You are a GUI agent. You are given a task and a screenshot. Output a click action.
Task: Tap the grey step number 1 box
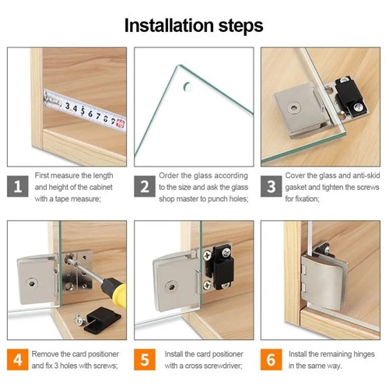(18, 187)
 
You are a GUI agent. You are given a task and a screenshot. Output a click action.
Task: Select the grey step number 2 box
(145, 187)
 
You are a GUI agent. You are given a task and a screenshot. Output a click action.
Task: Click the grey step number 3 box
(272, 187)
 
